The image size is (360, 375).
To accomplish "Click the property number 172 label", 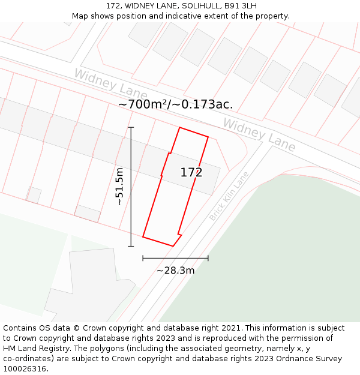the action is click(191, 173).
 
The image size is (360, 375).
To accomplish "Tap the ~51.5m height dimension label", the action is click(119, 187).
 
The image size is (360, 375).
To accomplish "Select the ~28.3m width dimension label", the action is click(176, 271).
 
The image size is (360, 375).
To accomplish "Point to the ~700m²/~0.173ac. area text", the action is click(175, 104).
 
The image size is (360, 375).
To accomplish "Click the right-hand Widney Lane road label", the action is click(259, 134).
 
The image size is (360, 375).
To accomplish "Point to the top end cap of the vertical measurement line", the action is click(131, 127).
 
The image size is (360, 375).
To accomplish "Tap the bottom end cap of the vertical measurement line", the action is click(131, 245).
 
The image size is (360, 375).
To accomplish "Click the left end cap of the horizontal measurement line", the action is click(143, 259).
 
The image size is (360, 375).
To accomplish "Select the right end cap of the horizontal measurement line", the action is click(208, 259).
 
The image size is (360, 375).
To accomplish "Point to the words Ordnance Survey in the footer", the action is click(310, 359).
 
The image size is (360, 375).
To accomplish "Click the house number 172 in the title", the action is click(113, 6).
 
